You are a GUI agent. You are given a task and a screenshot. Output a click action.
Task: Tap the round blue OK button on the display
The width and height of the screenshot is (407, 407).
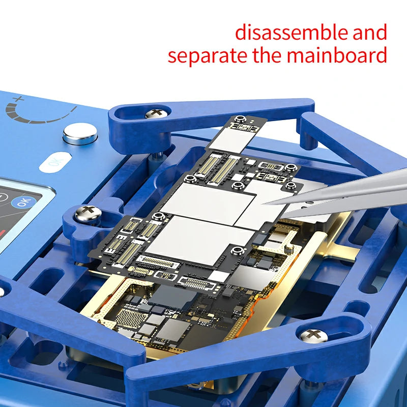click(x=23, y=201)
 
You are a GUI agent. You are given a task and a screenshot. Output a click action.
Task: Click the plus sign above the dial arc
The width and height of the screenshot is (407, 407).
click(x=19, y=99)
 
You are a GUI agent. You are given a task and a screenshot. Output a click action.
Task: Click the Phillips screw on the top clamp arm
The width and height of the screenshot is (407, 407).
click(x=154, y=113)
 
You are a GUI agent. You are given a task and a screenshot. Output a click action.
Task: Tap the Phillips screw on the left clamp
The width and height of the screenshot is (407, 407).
click(x=87, y=214)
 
